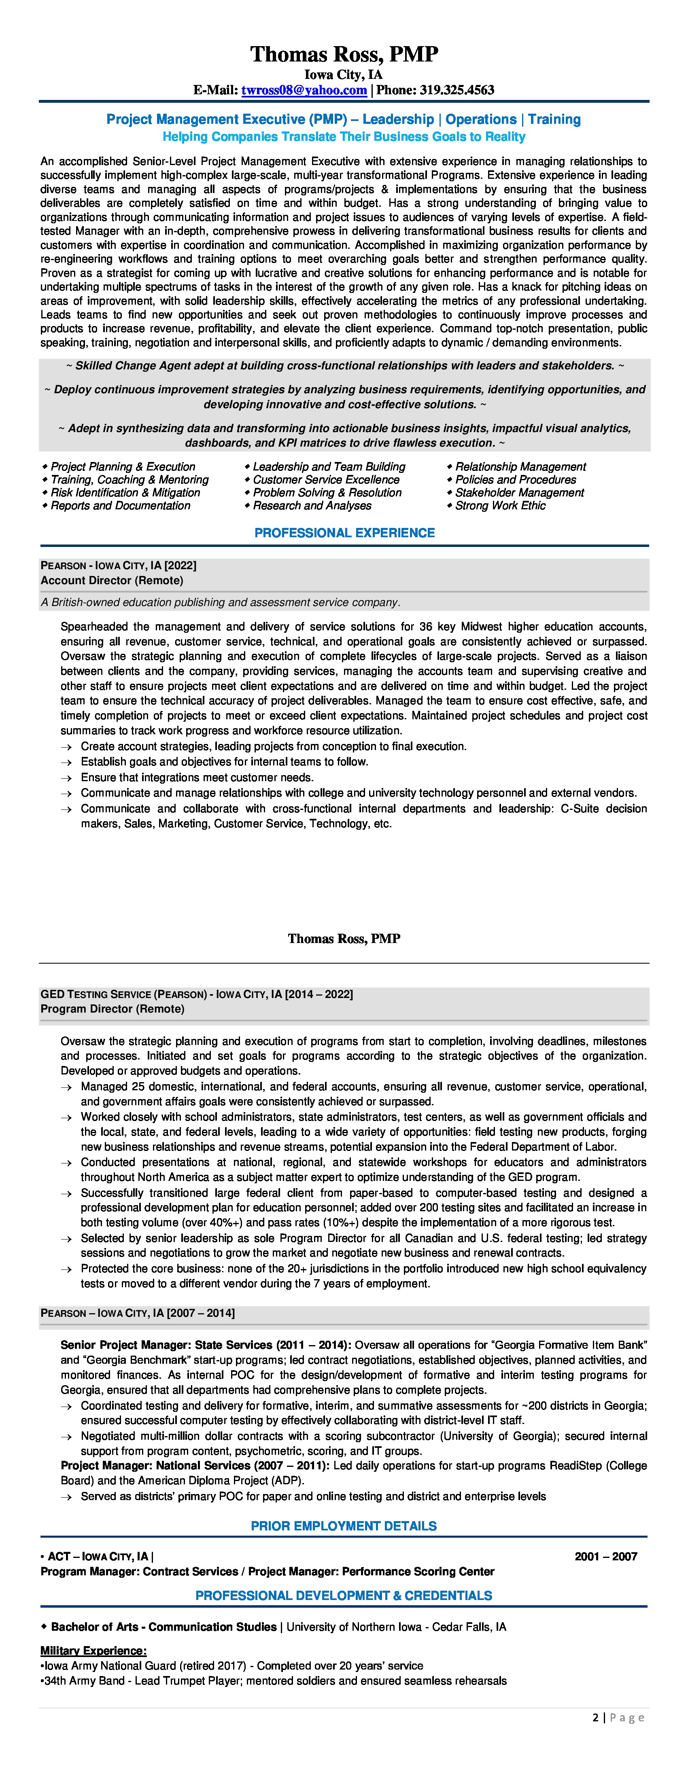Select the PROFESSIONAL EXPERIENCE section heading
coord(344,533)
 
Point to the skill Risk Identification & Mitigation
coord(125,493)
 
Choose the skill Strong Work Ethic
coord(500,506)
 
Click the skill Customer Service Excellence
coord(326,479)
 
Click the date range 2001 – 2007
coord(606,1556)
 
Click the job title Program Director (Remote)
coord(113,1009)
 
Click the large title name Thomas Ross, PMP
coord(344,54)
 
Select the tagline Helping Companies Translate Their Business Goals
coord(344,137)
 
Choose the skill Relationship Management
coord(520,467)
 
